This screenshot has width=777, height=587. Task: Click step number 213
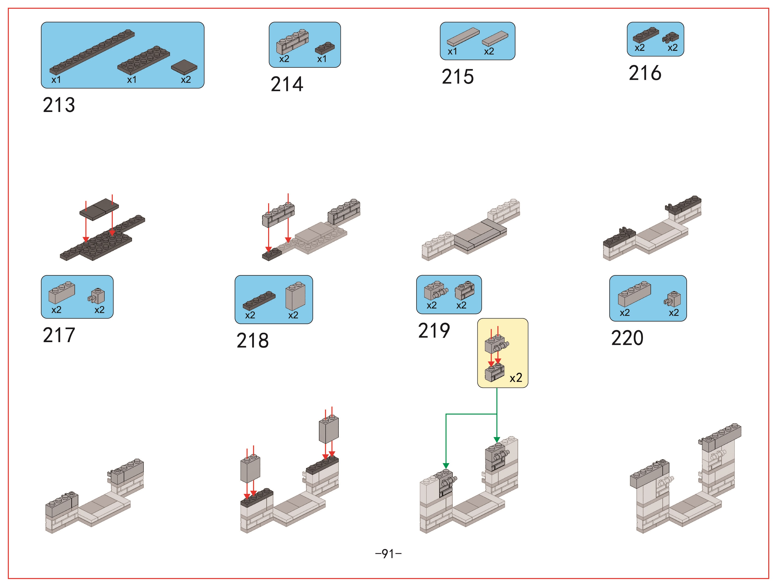[x=59, y=105]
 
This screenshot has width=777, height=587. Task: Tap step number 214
[x=287, y=84]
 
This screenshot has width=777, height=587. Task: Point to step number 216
[x=645, y=73]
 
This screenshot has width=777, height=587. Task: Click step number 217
[x=59, y=335]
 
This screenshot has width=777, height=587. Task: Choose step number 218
[x=252, y=340]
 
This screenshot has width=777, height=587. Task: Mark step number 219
[x=434, y=331]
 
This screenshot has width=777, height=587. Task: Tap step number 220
[x=627, y=338]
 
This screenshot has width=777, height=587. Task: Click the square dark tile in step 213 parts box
[x=184, y=67]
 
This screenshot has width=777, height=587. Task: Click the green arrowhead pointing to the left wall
[x=446, y=466]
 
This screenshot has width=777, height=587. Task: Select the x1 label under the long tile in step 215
[x=453, y=52]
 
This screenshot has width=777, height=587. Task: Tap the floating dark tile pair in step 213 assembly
[x=99, y=209]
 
